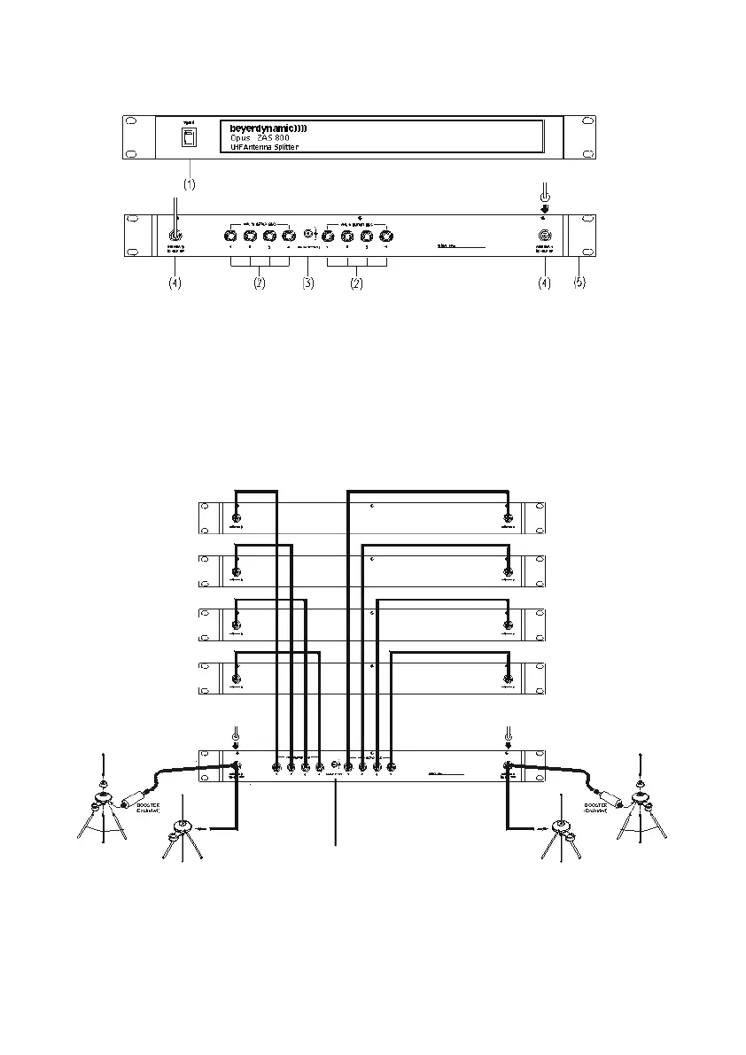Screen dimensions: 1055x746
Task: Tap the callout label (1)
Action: [x=189, y=184]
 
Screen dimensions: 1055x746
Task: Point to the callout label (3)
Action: [x=308, y=284]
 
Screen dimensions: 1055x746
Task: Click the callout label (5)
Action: [x=579, y=284]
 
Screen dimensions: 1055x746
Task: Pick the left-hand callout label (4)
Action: [x=175, y=284]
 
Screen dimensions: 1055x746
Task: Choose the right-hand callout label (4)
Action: [x=544, y=284]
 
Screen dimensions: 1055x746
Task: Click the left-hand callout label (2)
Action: [x=259, y=284]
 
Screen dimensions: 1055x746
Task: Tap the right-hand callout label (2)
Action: [x=356, y=284]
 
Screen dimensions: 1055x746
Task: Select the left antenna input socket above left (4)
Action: [x=175, y=236]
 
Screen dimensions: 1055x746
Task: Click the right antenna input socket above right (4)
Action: [x=544, y=237]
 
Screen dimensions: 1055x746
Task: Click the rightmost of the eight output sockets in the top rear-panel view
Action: [x=385, y=237]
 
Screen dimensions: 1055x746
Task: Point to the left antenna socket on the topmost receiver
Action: [x=236, y=518]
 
